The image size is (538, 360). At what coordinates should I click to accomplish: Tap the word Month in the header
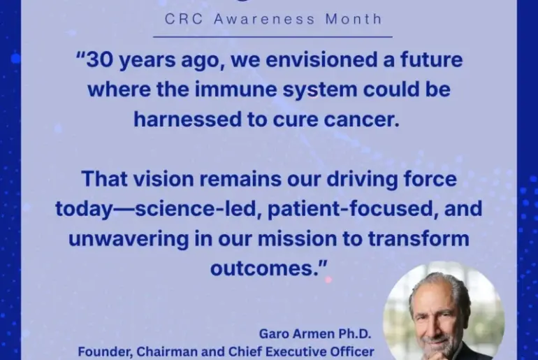[x=354, y=19]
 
